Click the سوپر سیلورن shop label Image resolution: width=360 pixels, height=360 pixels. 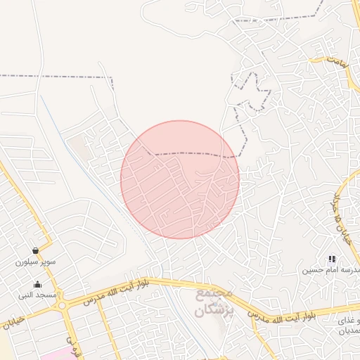35,262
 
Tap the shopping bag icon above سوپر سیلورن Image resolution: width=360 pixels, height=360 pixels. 35,251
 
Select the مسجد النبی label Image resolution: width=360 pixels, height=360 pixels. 37,296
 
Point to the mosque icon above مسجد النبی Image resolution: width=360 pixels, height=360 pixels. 37,285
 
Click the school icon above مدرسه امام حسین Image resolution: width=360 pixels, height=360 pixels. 332,259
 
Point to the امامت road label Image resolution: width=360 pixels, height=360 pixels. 337,63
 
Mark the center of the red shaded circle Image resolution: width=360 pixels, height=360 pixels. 180,180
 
